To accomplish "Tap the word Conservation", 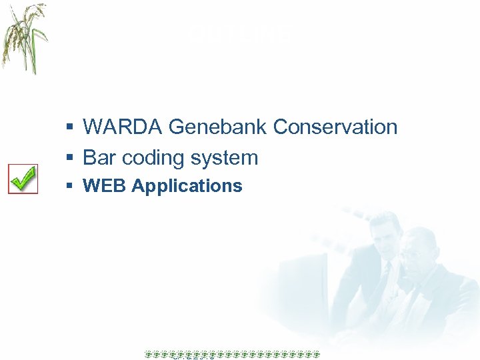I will point(335,127).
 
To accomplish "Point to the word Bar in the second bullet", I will point(97,158).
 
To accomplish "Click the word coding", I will point(151,159).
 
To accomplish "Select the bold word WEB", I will point(105,186).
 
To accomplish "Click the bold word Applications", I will point(187,187).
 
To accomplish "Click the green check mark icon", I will point(23,179).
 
